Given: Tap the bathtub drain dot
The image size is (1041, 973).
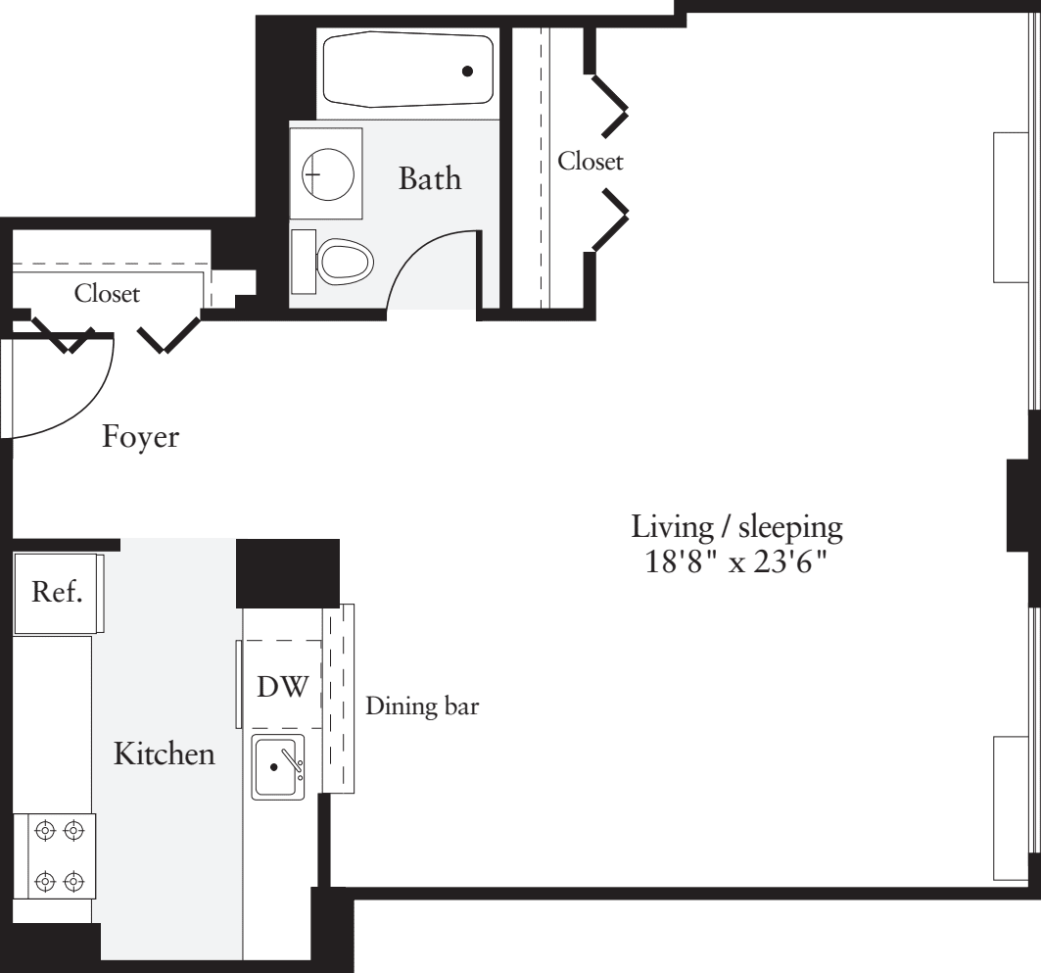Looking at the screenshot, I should [468, 71].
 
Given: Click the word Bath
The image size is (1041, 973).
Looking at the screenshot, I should [429, 179].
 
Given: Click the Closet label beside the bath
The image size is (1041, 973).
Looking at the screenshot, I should [590, 162].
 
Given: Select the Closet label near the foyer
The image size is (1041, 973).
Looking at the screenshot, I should [107, 293].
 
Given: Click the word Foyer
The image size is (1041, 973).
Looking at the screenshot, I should [141, 437].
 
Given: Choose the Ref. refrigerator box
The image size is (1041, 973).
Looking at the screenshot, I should [57, 593].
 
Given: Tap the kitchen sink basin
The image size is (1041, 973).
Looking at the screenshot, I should [279, 766].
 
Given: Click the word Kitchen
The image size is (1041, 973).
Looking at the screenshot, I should [164, 754].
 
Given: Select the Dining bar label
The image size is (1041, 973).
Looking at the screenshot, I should [422, 706].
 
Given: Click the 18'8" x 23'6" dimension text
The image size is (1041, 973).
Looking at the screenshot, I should [736, 564].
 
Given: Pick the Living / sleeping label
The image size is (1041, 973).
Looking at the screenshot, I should [736, 528].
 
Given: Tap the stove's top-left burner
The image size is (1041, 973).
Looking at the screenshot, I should [43, 831].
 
